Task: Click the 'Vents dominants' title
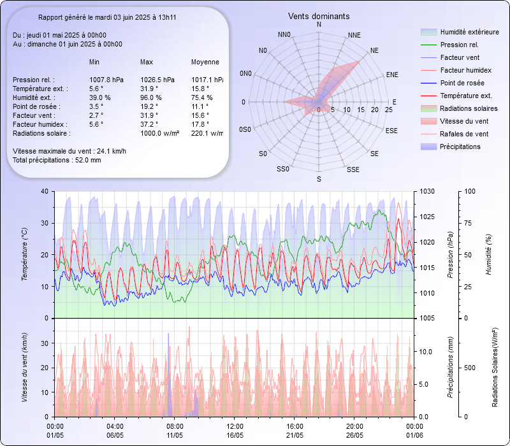tap(319, 16)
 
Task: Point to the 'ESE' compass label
tap(392, 130)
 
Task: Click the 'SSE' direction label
tap(353, 169)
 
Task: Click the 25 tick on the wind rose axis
tap(389, 110)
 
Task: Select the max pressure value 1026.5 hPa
tap(157, 80)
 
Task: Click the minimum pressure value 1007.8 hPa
tap(106, 80)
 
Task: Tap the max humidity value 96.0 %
tap(151, 97)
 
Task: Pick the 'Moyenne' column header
tap(205, 62)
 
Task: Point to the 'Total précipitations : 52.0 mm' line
tap(57, 160)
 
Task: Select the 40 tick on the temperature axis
tap(44, 191)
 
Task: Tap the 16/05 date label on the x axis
tap(235, 435)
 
